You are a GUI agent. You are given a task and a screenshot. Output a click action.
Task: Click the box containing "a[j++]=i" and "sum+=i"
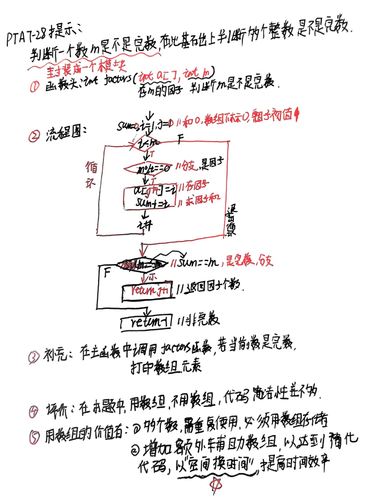(148, 195)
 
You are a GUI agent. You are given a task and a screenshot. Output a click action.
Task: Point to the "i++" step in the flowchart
(146, 225)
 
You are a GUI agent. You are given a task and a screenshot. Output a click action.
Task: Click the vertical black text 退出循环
(231, 222)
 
